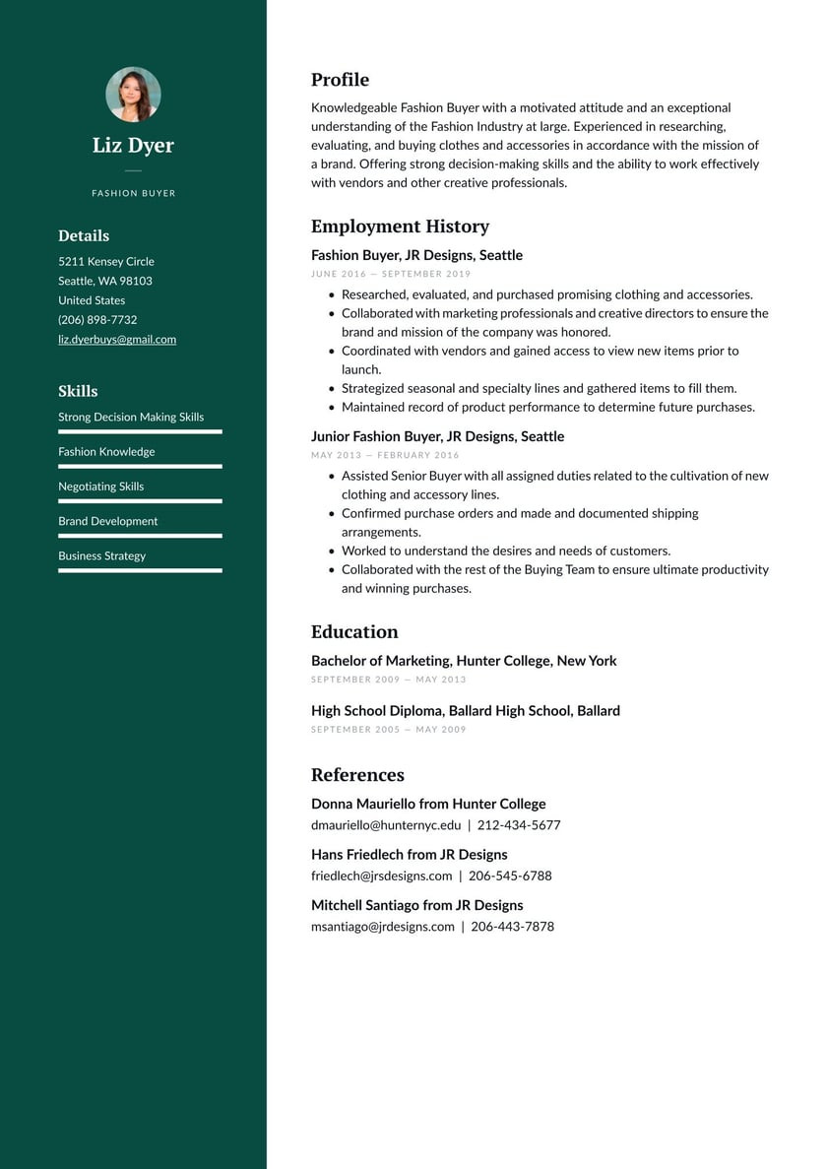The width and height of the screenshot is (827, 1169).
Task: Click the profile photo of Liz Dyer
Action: coord(133,95)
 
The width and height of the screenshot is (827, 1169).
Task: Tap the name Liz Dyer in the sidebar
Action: coord(133,146)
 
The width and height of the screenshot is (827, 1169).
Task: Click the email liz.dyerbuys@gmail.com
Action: coord(117,340)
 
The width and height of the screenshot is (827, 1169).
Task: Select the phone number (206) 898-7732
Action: coord(97,320)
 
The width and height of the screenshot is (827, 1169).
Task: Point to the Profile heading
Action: coord(340,80)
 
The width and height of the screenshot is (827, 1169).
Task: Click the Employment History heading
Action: coord(400,227)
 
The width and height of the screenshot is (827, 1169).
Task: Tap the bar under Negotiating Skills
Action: coord(140,501)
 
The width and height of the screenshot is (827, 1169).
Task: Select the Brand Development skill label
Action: coord(107,521)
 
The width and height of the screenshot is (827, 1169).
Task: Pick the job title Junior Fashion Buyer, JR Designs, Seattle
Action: coord(437,436)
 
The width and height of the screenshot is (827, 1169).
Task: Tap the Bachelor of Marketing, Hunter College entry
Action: coord(464,661)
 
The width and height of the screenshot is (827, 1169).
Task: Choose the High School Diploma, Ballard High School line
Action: coord(465,711)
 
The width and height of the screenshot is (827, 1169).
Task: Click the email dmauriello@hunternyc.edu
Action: coord(386,825)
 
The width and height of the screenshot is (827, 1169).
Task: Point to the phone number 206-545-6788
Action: coord(510,876)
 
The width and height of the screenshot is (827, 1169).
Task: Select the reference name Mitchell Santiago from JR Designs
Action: coord(416,905)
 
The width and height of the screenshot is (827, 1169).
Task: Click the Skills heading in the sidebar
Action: coord(78,391)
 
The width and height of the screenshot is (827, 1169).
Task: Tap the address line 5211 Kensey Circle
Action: coord(106,262)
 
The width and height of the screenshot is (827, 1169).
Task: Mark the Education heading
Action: coord(354,632)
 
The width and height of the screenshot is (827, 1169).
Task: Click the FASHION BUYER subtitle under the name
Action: coord(133,194)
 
